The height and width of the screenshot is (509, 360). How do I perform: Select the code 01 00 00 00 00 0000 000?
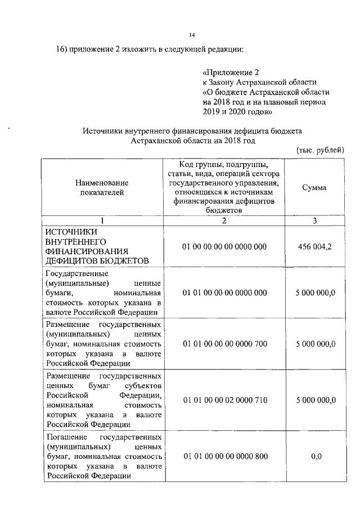(224, 246)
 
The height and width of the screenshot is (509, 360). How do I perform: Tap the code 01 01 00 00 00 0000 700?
(224, 344)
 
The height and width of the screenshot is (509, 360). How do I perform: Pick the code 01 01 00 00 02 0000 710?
(224, 400)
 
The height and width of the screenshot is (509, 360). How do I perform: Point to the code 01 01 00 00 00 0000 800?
(224, 456)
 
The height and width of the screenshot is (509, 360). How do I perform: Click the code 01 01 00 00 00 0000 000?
(224, 293)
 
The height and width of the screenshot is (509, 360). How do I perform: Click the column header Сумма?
(314, 187)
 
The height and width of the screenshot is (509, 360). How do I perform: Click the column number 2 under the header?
(224, 220)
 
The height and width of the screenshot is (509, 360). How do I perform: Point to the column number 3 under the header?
(314, 220)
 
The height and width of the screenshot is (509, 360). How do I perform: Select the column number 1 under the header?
(102, 220)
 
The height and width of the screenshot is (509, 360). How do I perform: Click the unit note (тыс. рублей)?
(319, 150)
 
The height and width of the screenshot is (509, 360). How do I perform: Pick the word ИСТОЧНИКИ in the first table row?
(71, 231)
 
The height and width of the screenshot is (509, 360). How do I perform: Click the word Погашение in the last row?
(66, 436)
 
